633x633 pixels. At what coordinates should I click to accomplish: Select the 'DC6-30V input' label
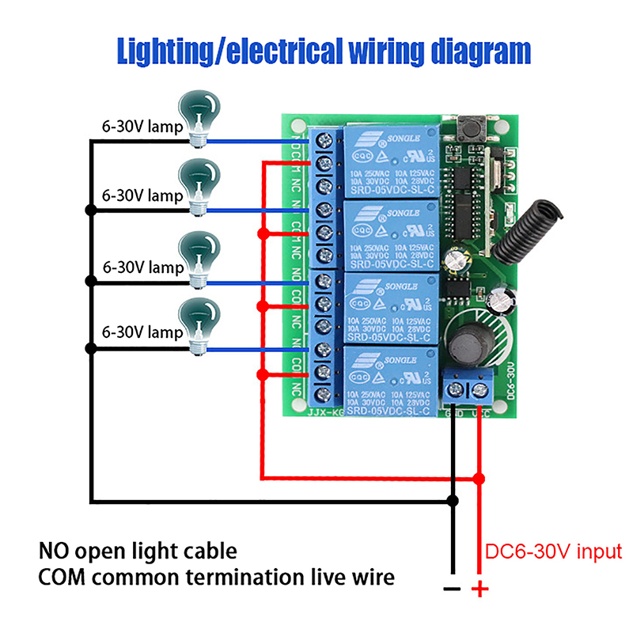[553, 552]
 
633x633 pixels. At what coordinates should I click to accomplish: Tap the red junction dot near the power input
[479, 478]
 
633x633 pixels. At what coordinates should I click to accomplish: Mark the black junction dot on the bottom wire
[453, 500]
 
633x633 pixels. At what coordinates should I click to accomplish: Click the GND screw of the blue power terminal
[457, 389]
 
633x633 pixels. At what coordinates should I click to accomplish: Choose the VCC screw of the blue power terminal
[479, 389]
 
